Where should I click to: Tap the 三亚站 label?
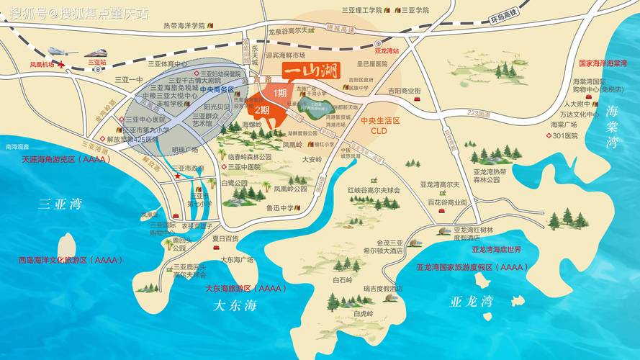96,63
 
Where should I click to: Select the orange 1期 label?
279,92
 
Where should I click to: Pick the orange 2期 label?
261,110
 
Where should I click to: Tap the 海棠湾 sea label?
613,126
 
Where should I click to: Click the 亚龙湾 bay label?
471,300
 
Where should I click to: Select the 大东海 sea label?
235,305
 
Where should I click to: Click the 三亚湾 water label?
60,204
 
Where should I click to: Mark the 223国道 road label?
478,113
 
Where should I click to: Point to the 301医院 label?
564,135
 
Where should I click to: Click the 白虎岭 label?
363,314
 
